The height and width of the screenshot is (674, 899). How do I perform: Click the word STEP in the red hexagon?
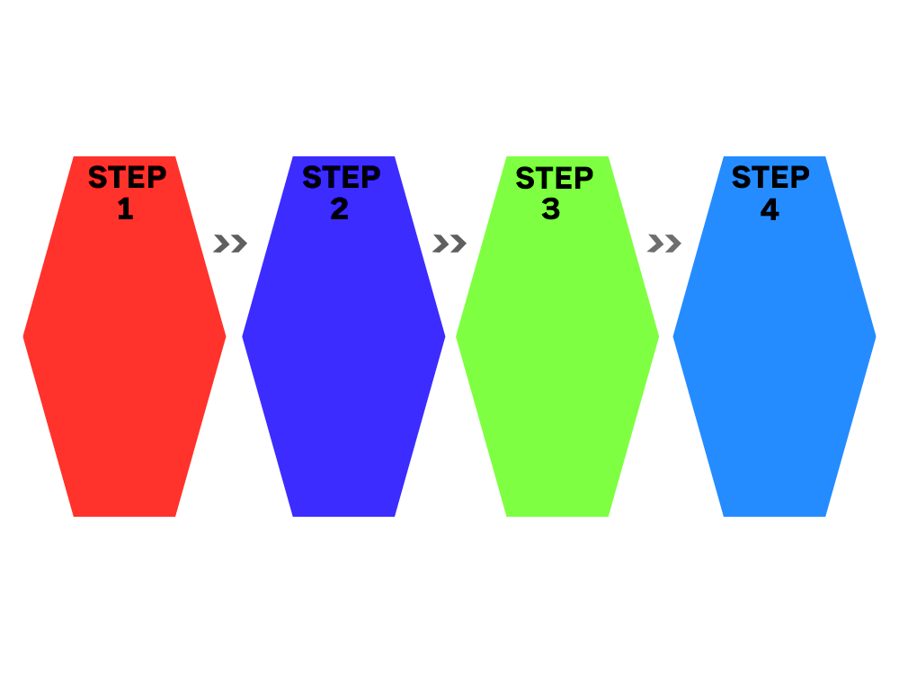128,176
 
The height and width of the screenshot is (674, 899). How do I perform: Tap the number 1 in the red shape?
126,208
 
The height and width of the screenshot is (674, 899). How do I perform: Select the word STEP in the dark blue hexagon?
341,176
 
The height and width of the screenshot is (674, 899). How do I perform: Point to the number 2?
340,208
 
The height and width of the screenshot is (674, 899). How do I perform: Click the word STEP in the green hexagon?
555,178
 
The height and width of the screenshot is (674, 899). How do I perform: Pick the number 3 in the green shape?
550,208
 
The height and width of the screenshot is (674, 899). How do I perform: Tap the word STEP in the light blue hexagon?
770,176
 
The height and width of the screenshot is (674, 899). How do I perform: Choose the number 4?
770,208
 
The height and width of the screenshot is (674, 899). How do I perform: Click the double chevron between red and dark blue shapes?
230,244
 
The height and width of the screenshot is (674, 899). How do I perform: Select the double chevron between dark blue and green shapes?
449,244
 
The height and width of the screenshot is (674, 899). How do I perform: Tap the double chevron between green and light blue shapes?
664,244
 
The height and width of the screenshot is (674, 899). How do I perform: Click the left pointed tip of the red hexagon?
23,336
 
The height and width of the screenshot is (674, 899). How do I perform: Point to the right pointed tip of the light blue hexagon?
876,336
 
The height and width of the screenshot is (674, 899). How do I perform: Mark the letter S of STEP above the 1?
97,177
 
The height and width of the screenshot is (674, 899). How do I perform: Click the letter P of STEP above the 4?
800,176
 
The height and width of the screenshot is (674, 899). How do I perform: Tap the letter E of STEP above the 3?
565,178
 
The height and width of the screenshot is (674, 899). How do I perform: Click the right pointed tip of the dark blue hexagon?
446,336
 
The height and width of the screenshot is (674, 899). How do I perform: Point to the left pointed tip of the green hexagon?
456,336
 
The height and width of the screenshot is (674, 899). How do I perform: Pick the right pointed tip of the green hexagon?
659,336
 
